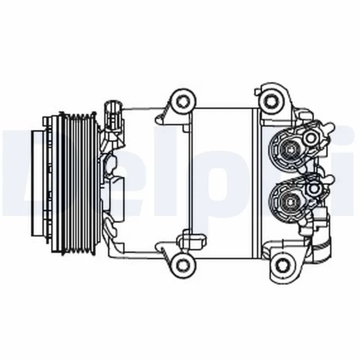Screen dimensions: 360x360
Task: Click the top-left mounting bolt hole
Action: pyautogui.click(x=182, y=100)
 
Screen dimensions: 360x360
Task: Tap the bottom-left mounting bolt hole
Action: pyautogui.click(x=182, y=262)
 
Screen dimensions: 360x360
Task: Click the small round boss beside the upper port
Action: pyautogui.click(x=310, y=137)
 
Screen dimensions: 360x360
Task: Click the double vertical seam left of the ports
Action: pyautogui.click(x=255, y=180)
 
